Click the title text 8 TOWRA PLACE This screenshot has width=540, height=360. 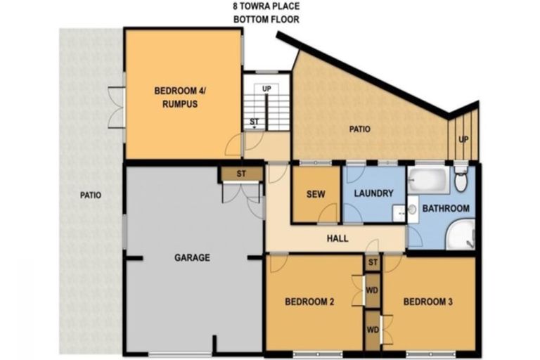[266, 6]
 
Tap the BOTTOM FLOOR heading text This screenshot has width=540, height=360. [266, 19]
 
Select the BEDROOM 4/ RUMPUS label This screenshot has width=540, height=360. [176, 97]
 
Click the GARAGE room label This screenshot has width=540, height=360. [192, 258]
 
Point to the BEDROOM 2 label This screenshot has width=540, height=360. [309, 302]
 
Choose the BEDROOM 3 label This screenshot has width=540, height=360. [427, 302]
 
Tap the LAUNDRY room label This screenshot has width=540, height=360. [373, 193]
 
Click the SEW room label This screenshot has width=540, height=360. [316, 195]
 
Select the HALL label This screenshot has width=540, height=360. [337, 239]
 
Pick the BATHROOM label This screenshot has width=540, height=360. [446, 209]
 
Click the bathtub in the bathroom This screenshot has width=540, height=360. [428, 180]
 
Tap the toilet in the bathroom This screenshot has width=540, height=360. [461, 180]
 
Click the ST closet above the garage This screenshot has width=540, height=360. [240, 174]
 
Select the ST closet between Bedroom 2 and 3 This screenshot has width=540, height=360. [373, 263]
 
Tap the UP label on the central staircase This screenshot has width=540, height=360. [266, 89]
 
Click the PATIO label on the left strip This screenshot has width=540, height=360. [90, 195]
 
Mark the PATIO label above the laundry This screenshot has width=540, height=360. [359, 129]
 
